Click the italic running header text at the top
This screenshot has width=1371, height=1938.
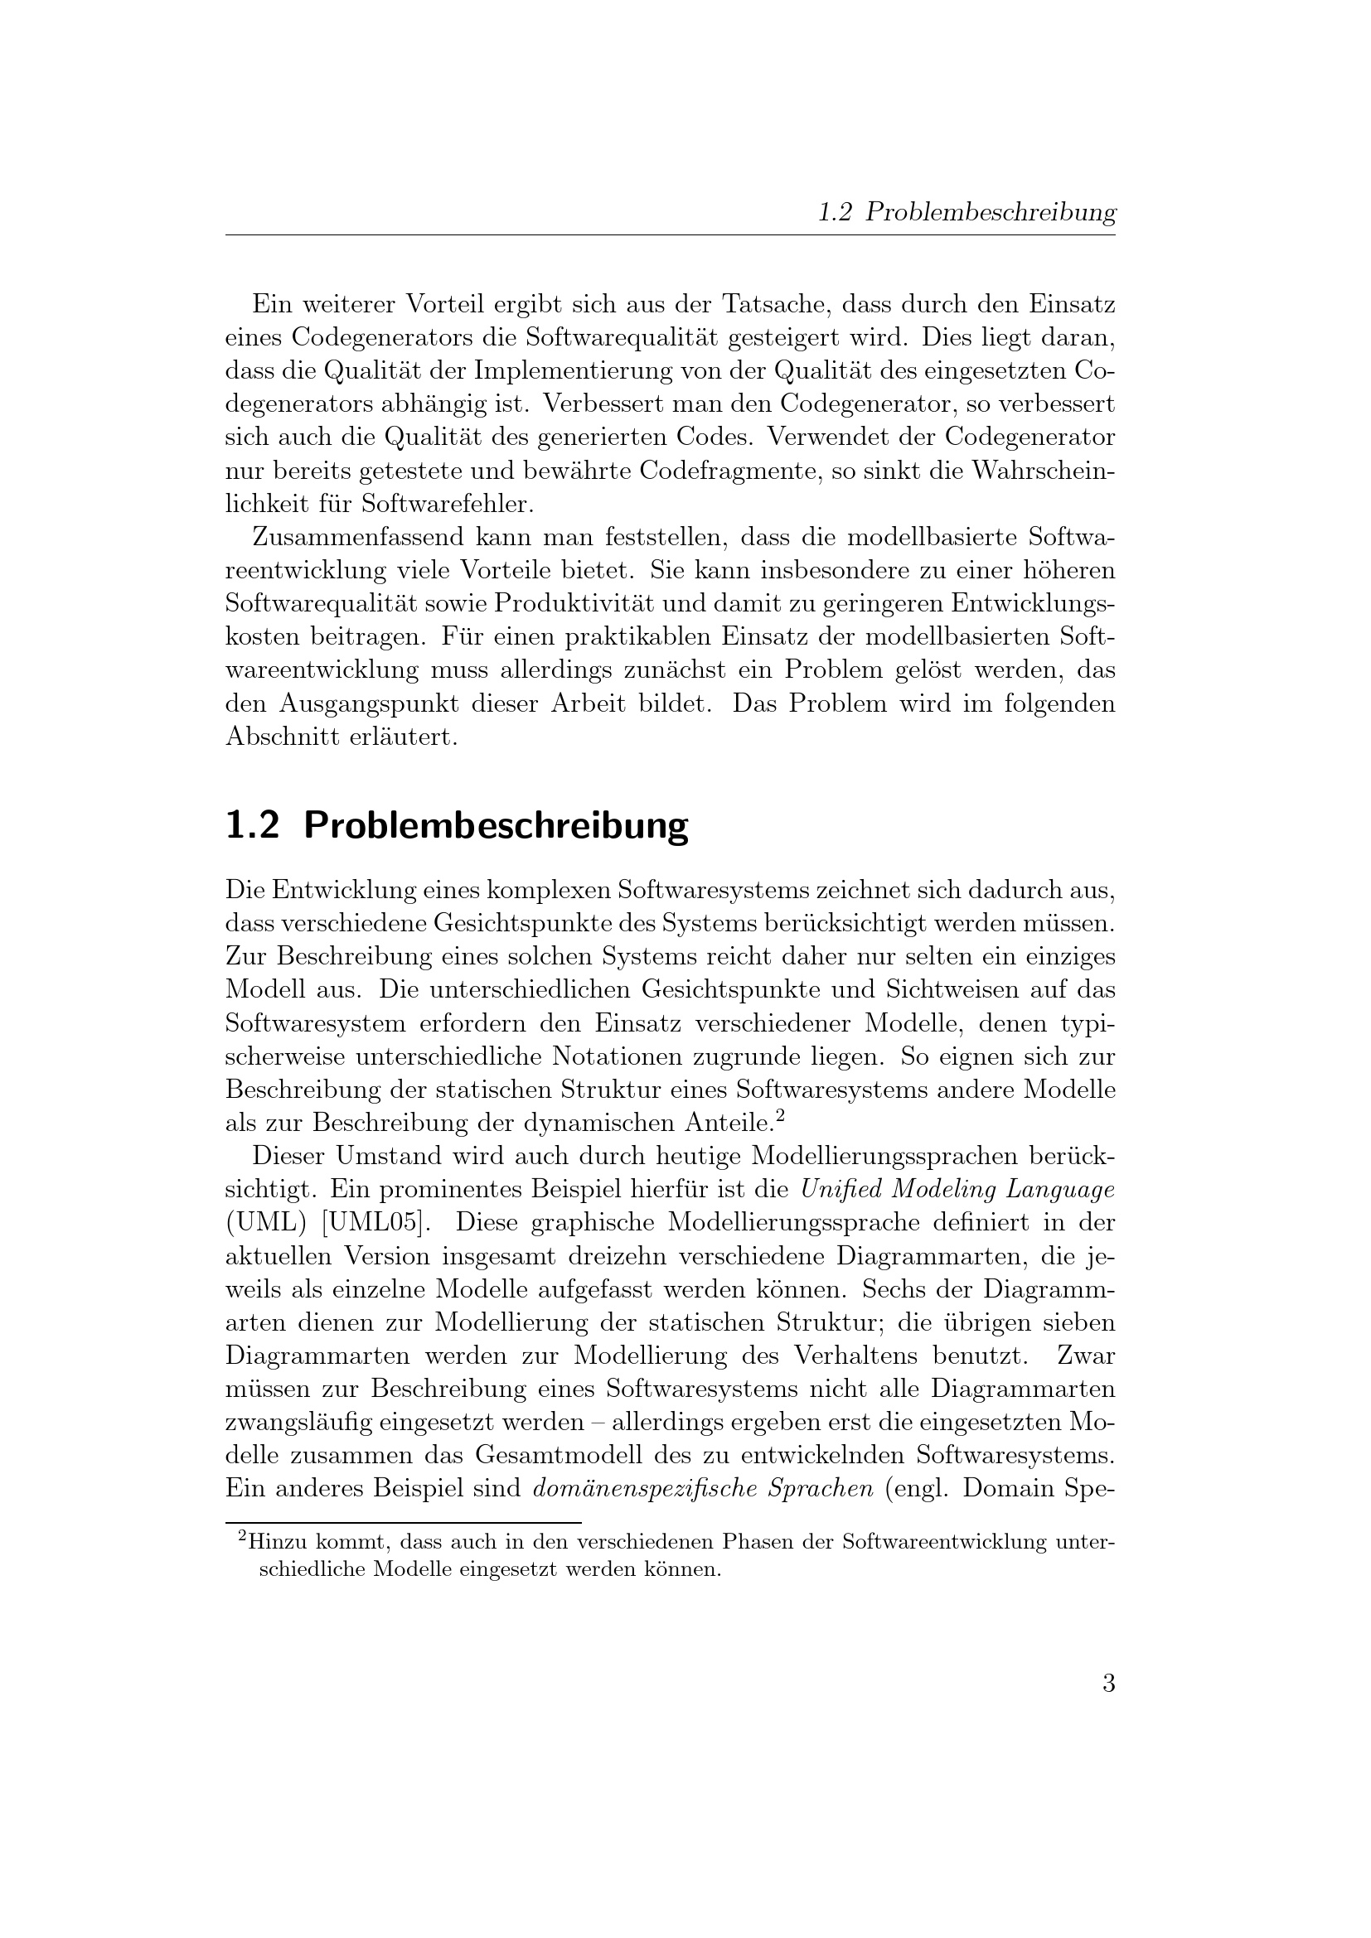tap(966, 213)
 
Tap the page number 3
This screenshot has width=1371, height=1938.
tap(1108, 1684)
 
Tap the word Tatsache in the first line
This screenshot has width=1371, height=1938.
tap(777, 304)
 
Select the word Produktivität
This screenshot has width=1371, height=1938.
tap(570, 603)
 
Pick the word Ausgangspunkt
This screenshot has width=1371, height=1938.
tap(397, 703)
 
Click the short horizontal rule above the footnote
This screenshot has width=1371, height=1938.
tap(404, 1522)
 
